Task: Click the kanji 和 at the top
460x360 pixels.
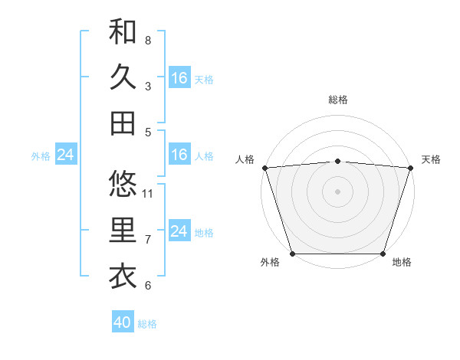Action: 123,32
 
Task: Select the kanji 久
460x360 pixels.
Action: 123,77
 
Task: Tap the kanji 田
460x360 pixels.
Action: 123,123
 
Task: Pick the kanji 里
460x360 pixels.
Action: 123,230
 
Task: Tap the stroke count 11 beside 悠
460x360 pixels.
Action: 149,193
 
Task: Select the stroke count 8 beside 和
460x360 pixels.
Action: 148,41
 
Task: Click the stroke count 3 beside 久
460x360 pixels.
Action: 148,86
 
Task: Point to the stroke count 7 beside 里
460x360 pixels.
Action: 148,240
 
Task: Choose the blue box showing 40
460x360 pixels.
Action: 123,322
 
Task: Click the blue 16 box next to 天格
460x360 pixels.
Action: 179,78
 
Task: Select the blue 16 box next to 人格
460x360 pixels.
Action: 179,155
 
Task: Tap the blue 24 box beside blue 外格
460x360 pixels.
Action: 65,155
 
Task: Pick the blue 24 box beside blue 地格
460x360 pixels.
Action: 179,231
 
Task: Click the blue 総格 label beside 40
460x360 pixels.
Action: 148,324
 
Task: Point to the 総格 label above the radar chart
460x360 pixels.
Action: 338,100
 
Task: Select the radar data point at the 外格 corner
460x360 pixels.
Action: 292,254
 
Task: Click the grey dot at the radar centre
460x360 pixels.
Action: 338,191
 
